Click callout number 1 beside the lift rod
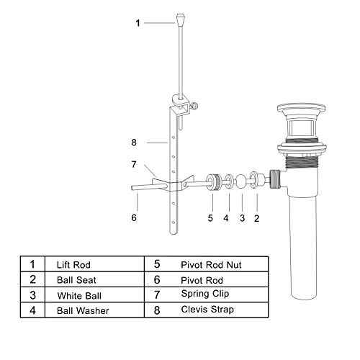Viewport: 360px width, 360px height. point(138,23)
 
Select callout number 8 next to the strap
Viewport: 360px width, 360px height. point(134,143)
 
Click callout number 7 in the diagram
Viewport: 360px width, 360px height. point(134,164)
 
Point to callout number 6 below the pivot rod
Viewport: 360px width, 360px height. point(134,215)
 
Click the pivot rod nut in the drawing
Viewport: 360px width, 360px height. point(212,181)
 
